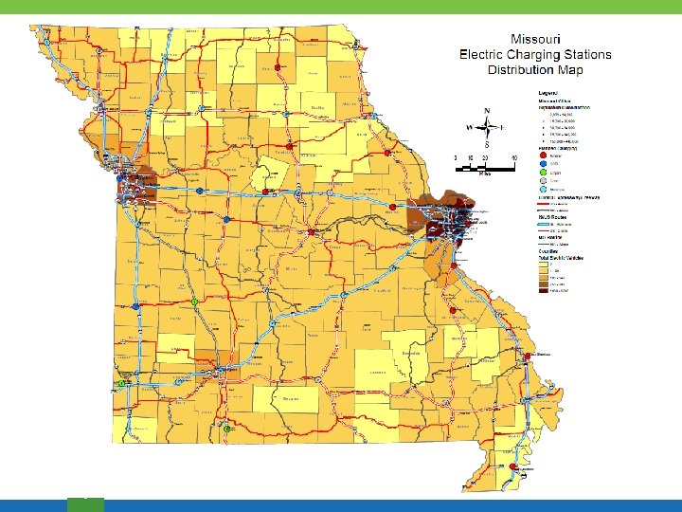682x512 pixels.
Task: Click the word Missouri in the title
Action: click(536, 39)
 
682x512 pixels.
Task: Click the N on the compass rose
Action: click(486, 110)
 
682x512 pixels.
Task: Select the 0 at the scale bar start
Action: click(456, 157)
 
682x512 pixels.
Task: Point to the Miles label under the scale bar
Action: click(484, 175)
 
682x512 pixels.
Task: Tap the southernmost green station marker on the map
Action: click(228, 429)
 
